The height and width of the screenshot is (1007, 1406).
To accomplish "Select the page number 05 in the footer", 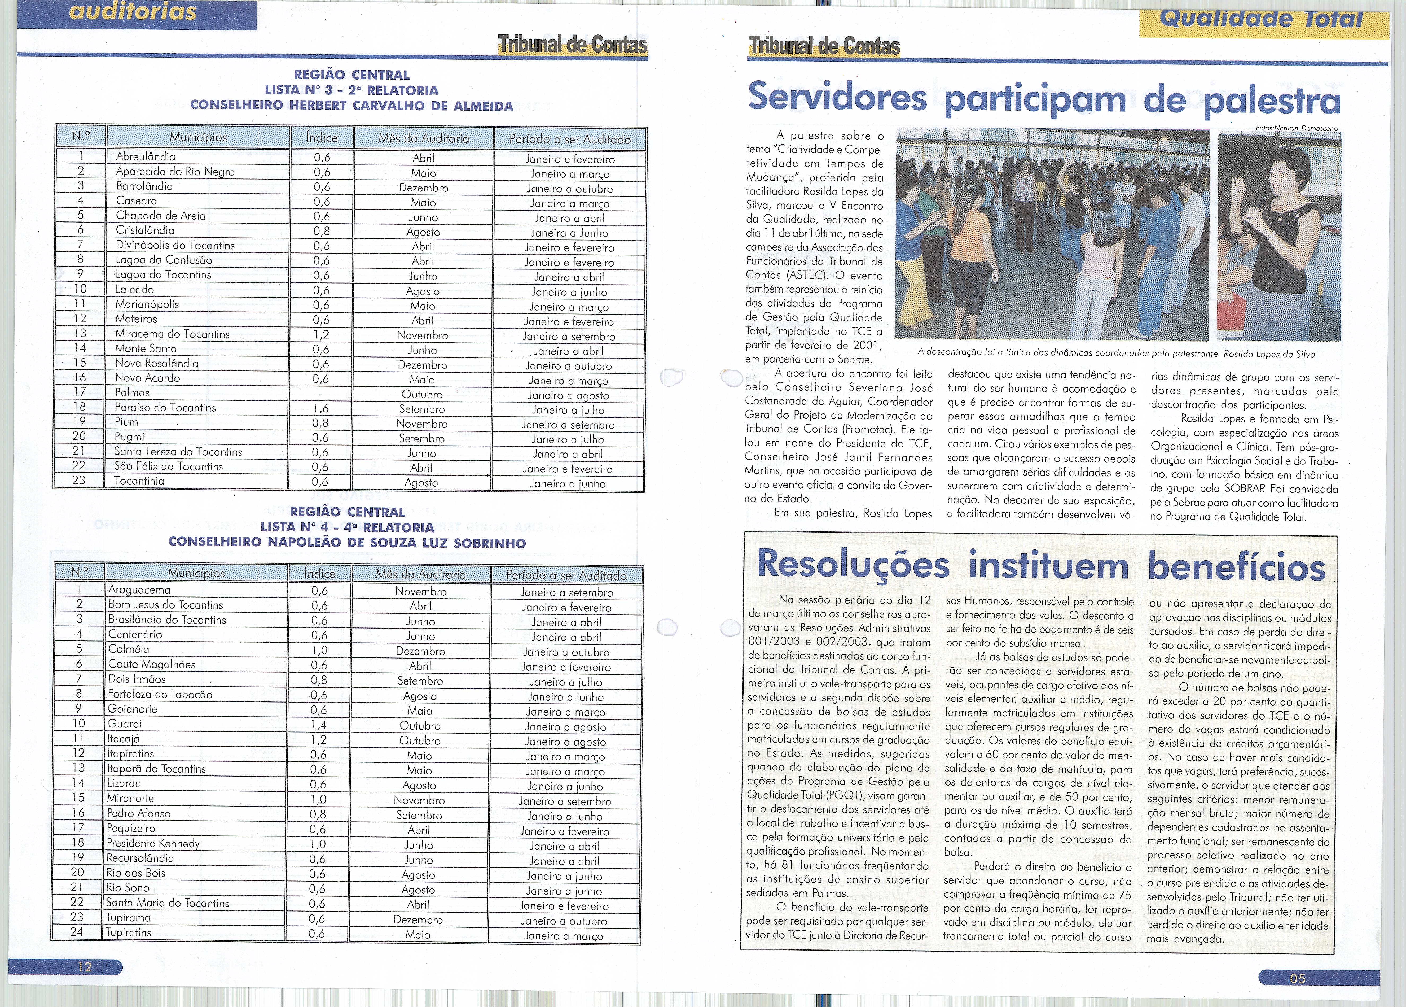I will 1298,978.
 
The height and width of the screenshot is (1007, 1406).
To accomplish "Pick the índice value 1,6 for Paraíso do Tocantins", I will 320,408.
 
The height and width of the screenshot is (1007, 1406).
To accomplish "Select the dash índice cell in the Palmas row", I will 320,394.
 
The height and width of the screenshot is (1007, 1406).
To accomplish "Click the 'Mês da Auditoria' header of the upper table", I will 424,138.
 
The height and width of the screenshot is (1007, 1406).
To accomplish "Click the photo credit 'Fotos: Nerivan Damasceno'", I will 1296,128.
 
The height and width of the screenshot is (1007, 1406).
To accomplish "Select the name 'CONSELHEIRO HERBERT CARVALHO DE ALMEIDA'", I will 351,105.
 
